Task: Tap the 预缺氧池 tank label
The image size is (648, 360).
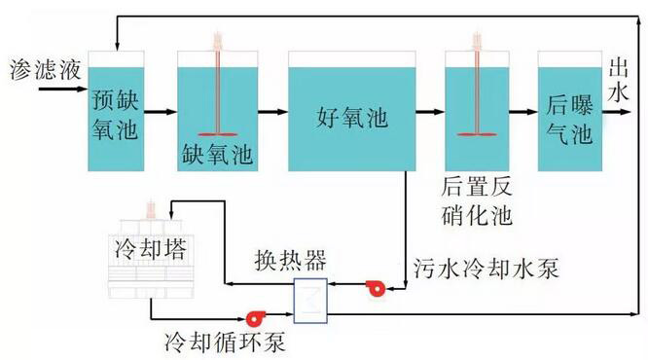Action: (115, 113)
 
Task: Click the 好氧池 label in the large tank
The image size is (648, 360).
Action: (351, 119)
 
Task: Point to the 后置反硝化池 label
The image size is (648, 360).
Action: (477, 200)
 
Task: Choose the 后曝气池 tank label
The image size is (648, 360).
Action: (569, 119)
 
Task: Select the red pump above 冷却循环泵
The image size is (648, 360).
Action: (256, 316)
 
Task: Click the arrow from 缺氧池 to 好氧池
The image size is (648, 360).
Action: (273, 113)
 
